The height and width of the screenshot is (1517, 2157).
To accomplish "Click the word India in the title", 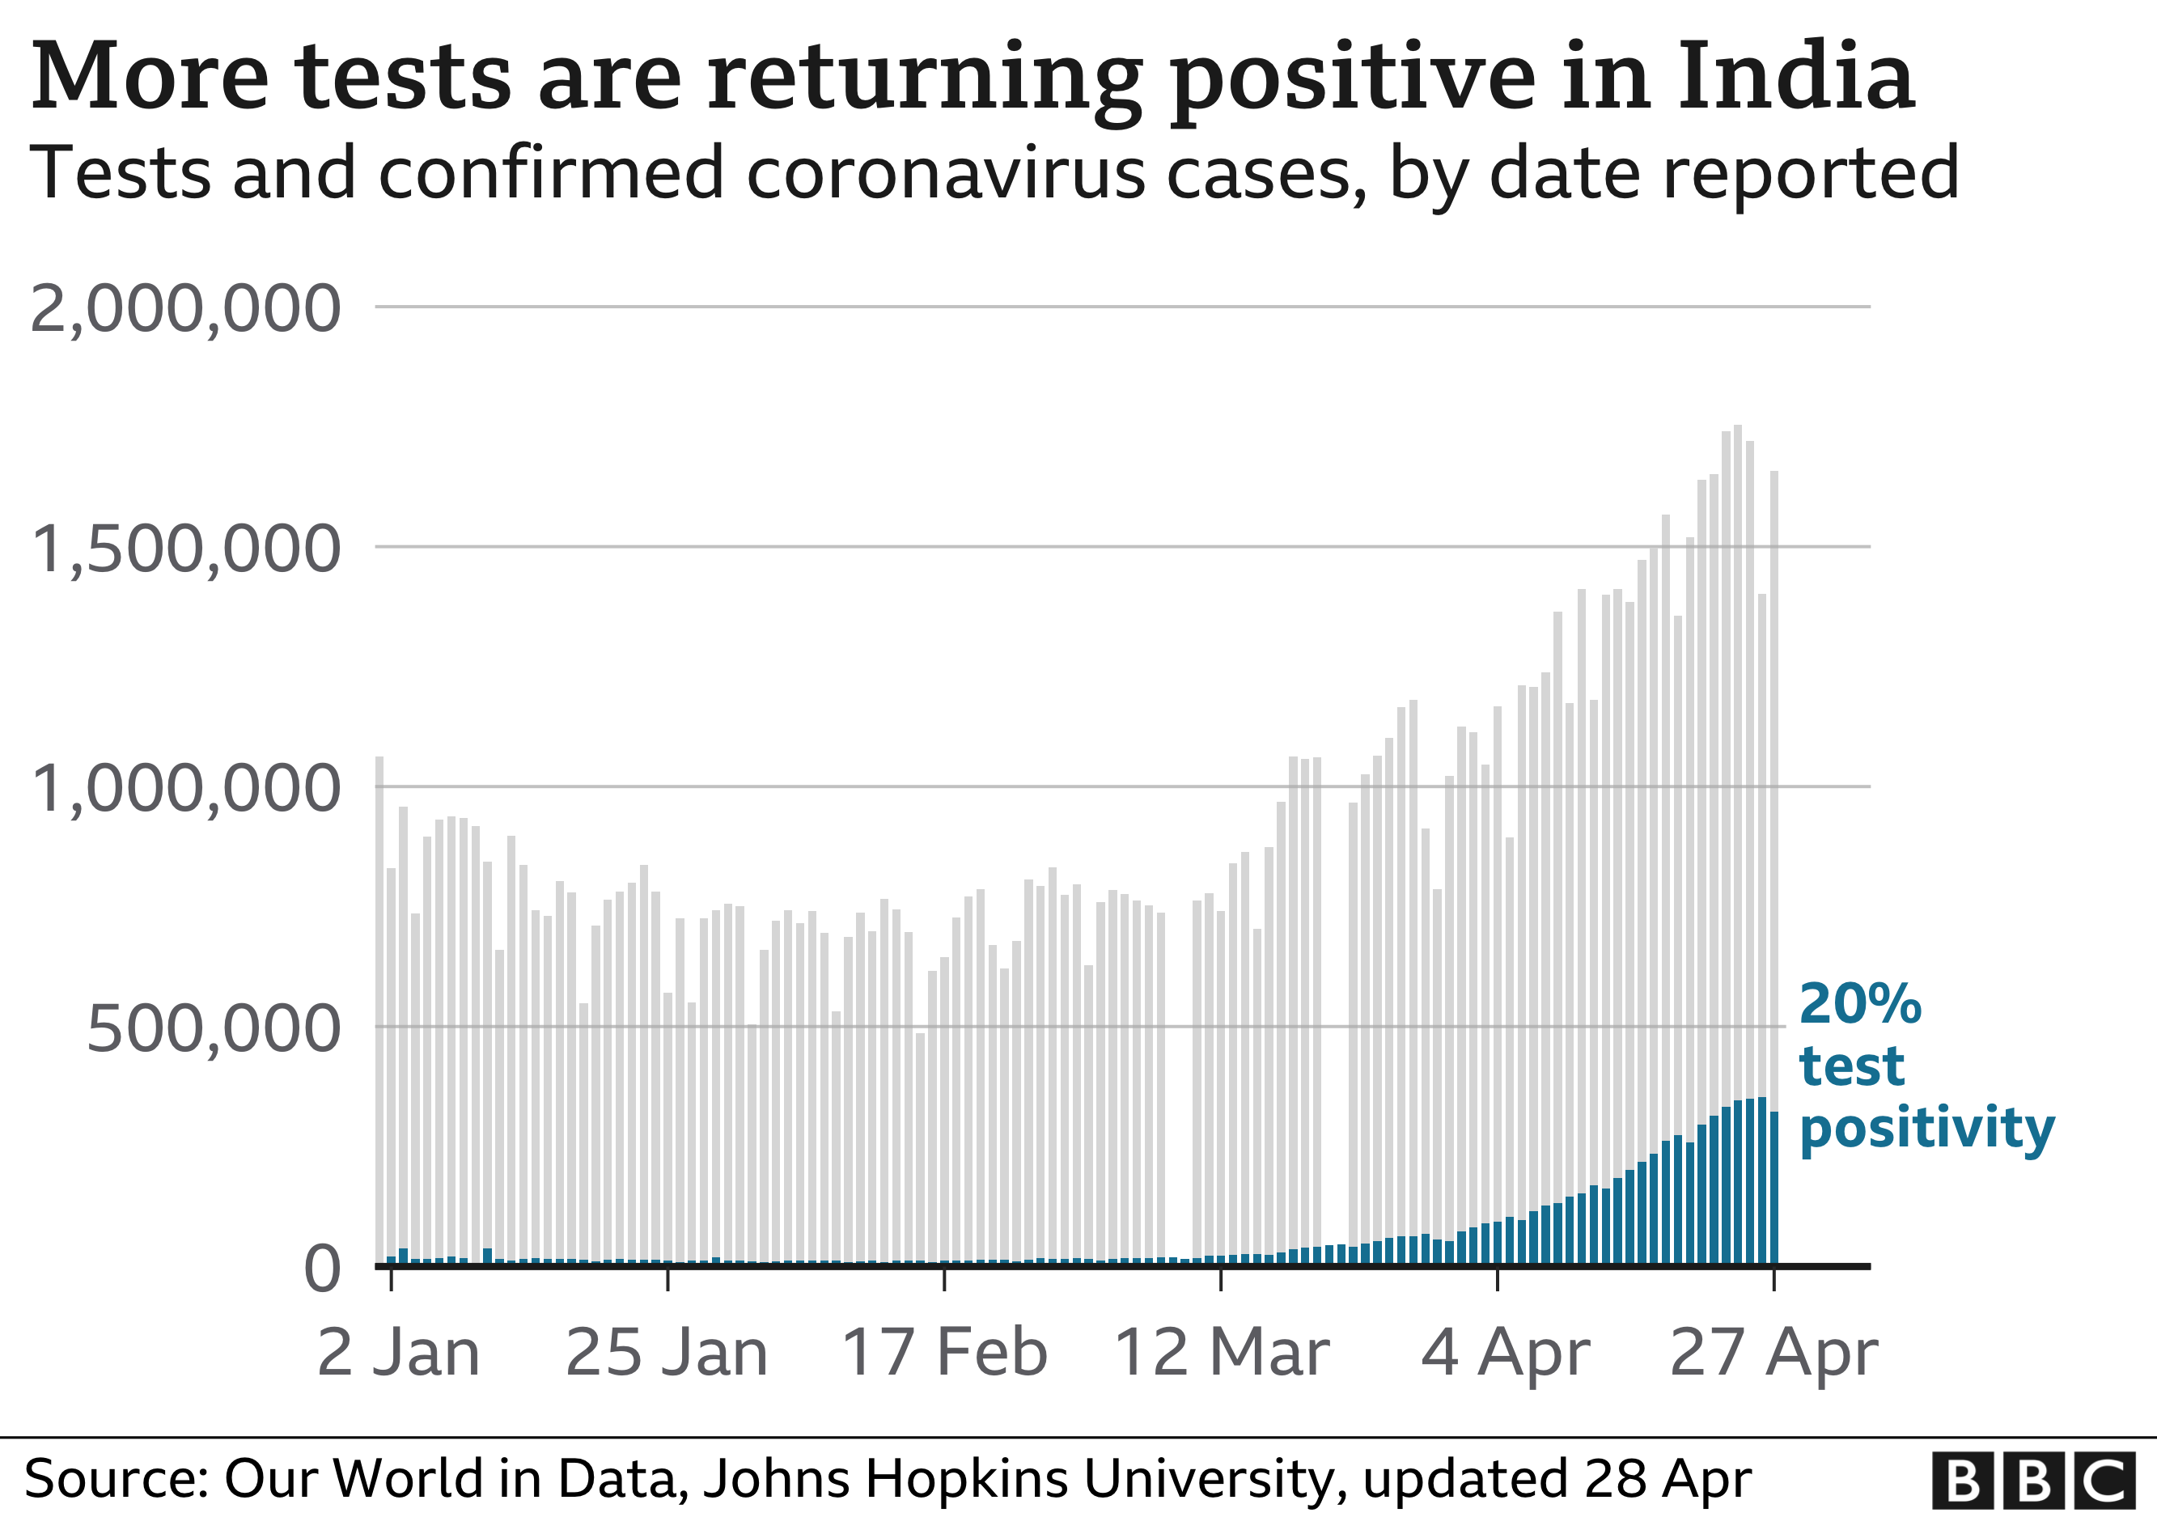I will (x=1795, y=77).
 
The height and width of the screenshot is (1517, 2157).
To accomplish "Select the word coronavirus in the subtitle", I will (x=945, y=174).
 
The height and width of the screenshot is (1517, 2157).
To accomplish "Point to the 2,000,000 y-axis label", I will (x=185, y=309).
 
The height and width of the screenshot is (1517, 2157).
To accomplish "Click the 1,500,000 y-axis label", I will (x=185, y=549).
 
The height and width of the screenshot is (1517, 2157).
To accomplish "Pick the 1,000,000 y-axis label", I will (x=185, y=789).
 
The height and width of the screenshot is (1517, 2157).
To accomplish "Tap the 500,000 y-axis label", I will (x=214, y=1029).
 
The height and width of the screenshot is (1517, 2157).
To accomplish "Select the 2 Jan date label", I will (x=398, y=1354).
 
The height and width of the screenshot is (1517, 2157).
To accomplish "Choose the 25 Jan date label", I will (x=667, y=1354).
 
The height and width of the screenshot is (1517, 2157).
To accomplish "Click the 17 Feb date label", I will (x=944, y=1354).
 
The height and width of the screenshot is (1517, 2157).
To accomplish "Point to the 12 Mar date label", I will (x=1221, y=1354).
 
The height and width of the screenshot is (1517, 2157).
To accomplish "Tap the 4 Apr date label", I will (x=1505, y=1354).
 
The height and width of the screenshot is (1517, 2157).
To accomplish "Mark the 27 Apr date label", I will (x=1773, y=1354).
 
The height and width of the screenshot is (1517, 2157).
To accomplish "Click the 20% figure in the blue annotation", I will (x=1860, y=1004).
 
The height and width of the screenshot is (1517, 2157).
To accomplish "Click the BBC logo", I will (x=2033, y=1481).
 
